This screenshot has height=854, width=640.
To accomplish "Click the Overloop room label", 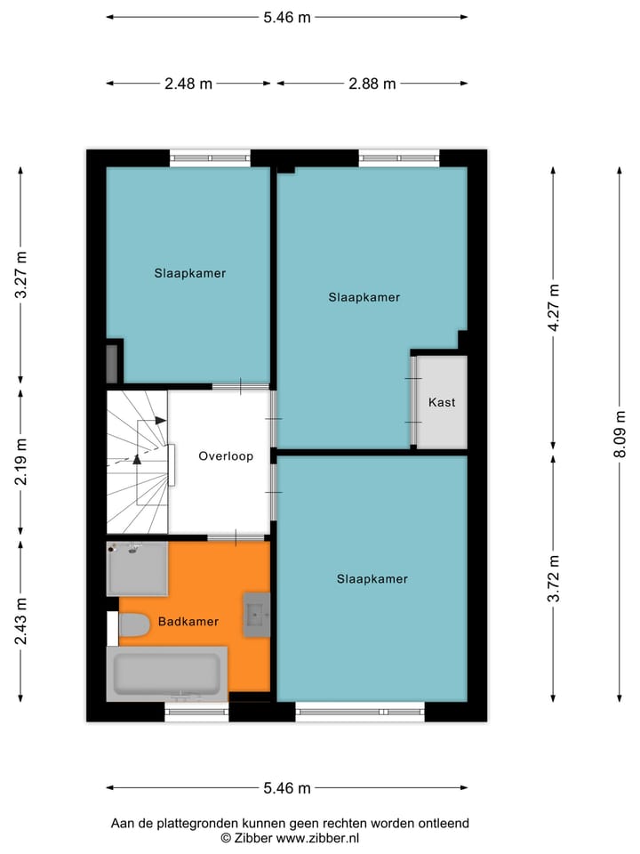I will pyautogui.click(x=226, y=456).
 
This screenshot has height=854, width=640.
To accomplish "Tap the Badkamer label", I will pyautogui.click(x=188, y=622).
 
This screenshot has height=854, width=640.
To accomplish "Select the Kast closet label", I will pyautogui.click(x=442, y=402).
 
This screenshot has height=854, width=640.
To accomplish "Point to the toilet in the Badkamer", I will pyautogui.click(x=133, y=626).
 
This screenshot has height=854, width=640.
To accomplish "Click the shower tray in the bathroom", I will pyautogui.click(x=137, y=568).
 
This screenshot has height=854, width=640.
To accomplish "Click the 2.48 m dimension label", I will pyautogui.click(x=188, y=85).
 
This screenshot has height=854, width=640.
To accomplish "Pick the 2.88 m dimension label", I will pyautogui.click(x=372, y=85).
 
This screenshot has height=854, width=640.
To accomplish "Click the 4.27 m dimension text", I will pyautogui.click(x=554, y=308).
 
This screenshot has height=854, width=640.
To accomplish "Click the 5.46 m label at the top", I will pyautogui.click(x=286, y=17).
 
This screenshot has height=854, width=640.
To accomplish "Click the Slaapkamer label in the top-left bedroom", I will pyautogui.click(x=189, y=273).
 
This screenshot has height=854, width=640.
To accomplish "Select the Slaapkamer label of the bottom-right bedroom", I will pyautogui.click(x=372, y=579).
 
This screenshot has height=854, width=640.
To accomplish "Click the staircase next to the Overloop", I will pyautogui.click(x=137, y=460).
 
